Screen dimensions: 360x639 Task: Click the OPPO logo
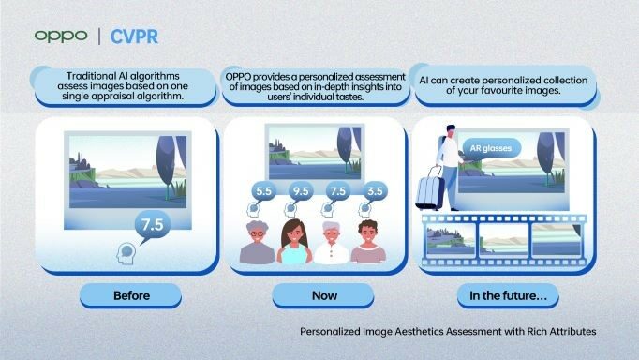click(61, 36)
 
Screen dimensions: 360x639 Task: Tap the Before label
click(131, 297)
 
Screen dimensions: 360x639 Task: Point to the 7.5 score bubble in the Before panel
click(150, 226)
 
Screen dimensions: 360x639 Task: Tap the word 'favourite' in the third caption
click(498, 92)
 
